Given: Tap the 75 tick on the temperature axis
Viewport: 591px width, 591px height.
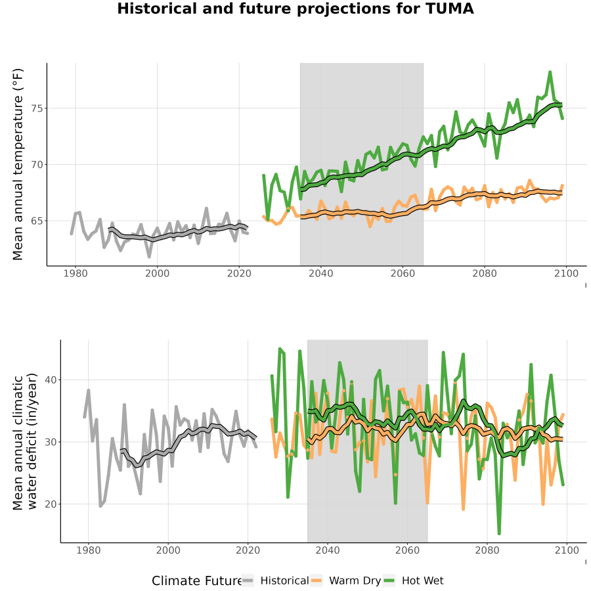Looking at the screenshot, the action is click(x=37, y=108).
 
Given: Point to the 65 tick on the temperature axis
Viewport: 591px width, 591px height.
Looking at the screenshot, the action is click(x=37, y=221).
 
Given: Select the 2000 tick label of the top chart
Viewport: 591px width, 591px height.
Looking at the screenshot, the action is click(x=157, y=273).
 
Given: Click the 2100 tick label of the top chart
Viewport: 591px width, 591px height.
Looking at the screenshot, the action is click(x=566, y=273).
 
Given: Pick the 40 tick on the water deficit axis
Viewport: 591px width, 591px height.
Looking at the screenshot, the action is click(x=51, y=380).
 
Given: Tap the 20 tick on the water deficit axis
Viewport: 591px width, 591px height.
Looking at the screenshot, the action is click(x=51, y=504).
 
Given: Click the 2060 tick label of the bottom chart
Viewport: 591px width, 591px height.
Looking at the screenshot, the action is click(x=407, y=550).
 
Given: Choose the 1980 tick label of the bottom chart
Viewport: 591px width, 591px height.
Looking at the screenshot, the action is click(x=89, y=550).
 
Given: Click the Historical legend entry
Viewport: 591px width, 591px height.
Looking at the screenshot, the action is click(x=275, y=581).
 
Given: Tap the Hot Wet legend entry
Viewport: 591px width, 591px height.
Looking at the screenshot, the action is click(x=413, y=581).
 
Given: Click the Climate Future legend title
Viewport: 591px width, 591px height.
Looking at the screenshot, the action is click(x=196, y=581).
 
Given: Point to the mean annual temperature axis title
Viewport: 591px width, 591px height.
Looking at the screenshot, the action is click(x=18, y=164).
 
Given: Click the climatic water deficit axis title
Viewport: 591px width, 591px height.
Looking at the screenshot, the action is click(x=25, y=441).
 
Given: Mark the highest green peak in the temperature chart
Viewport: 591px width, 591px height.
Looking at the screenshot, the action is click(x=550, y=72).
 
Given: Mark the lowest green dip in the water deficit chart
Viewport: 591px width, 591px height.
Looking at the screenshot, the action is click(x=499, y=533).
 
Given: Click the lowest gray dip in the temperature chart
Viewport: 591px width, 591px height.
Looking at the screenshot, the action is click(x=149, y=257).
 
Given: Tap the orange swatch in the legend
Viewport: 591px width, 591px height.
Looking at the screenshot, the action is click(x=317, y=581).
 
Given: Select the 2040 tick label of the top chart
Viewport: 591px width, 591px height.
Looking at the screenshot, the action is click(x=320, y=273).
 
